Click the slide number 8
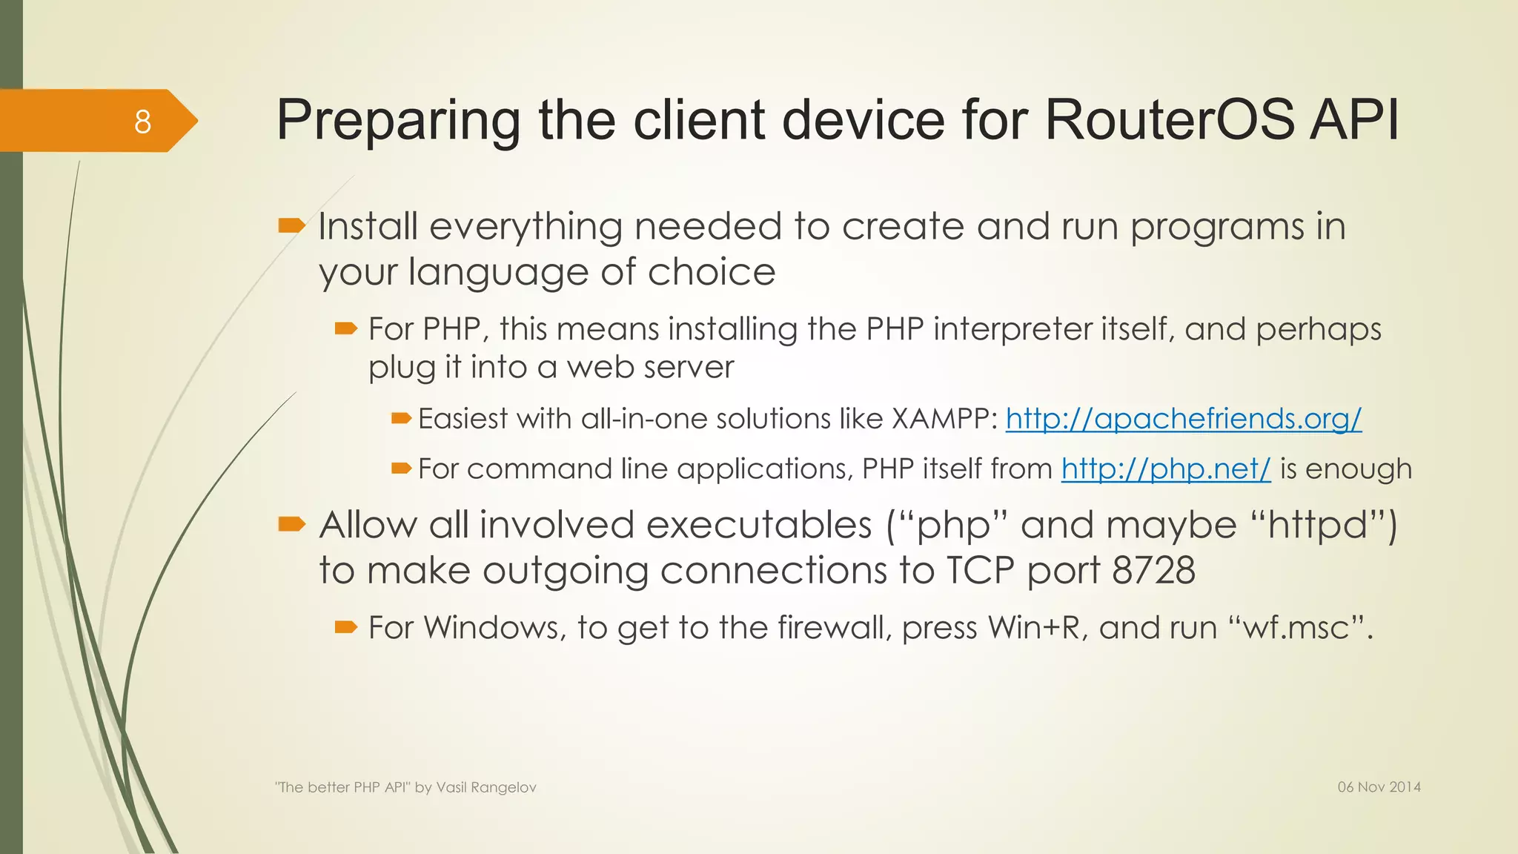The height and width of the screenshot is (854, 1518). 142,122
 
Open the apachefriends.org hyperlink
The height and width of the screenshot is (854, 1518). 1183,419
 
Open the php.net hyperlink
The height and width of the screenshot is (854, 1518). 1165,469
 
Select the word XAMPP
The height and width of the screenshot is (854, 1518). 944,419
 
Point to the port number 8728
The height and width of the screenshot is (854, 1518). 1153,571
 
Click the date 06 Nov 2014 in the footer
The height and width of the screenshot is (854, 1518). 1379,787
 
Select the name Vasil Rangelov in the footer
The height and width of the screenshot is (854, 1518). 486,787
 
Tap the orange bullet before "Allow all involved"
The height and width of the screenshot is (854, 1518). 291,525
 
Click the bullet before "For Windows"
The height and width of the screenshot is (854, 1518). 345,627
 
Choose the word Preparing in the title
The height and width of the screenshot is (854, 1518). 399,120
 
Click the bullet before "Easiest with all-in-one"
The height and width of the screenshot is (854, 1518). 401,419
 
